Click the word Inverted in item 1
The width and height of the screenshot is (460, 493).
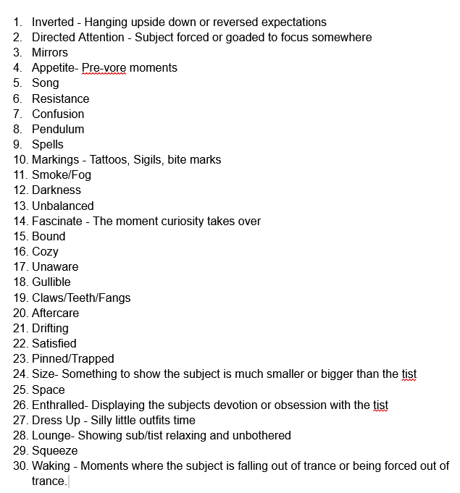click(52, 22)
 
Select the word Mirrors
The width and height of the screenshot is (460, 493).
click(50, 53)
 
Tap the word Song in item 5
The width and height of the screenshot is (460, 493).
click(46, 83)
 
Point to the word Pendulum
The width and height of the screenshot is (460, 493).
click(58, 129)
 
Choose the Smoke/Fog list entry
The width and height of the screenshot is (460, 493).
click(62, 174)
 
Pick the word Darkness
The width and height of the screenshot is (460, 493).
click(57, 190)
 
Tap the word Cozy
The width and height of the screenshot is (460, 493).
click(45, 251)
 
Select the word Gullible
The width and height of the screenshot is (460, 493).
click(51, 282)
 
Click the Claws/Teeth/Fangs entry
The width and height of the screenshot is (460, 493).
click(81, 298)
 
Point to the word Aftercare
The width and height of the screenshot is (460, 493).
click(56, 313)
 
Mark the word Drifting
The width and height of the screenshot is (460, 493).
click(50, 328)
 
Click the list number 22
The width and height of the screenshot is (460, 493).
click(20, 343)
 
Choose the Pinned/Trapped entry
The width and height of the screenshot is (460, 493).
click(73, 358)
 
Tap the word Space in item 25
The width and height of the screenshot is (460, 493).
click(49, 389)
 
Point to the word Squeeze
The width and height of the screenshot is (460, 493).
click(55, 450)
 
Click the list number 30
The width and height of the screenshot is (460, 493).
click(20, 465)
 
